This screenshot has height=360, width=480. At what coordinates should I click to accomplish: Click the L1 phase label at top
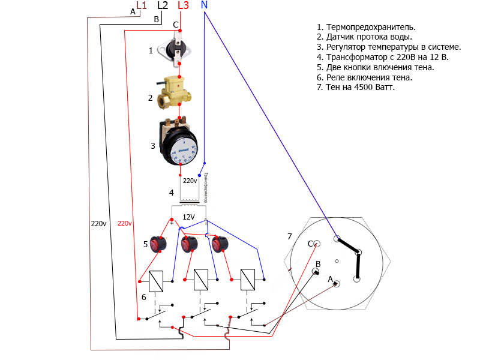142,5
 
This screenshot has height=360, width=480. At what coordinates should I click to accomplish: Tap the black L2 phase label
163,5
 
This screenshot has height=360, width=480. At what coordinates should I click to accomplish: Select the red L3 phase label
184,5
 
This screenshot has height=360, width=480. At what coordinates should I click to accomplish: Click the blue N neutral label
204,5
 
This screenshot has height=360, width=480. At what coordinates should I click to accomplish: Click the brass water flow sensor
174,90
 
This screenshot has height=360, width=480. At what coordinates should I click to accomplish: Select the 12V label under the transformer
189,217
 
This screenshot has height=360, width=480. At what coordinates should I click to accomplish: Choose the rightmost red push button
219,244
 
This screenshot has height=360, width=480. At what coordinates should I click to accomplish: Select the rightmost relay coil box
248,280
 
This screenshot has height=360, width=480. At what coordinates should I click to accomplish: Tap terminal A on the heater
337,284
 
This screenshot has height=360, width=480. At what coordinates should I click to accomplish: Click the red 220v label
125,223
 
